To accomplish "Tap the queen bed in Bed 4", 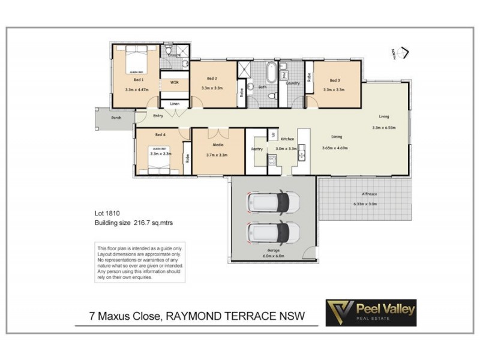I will [160, 160].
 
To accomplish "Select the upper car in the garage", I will [273, 203].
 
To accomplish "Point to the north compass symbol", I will [403, 53].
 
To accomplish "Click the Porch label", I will [116, 118].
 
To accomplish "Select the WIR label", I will [175, 82].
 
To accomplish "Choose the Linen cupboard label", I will [175, 104].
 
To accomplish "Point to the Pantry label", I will [257, 148].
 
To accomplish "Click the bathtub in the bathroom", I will [271, 73].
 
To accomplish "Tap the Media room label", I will [218, 145].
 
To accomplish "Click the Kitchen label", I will [287, 139].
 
